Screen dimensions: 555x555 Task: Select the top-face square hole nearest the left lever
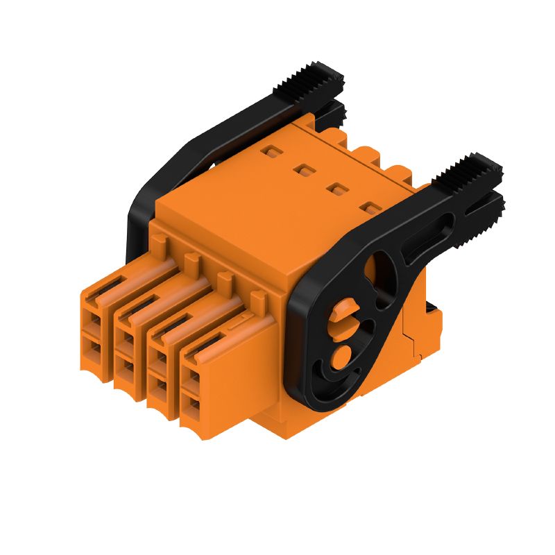pos(268,150)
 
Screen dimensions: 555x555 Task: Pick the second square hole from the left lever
pos(302,169)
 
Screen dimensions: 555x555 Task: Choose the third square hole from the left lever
pos(336,187)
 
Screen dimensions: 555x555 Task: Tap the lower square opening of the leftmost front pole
pos(92,347)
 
